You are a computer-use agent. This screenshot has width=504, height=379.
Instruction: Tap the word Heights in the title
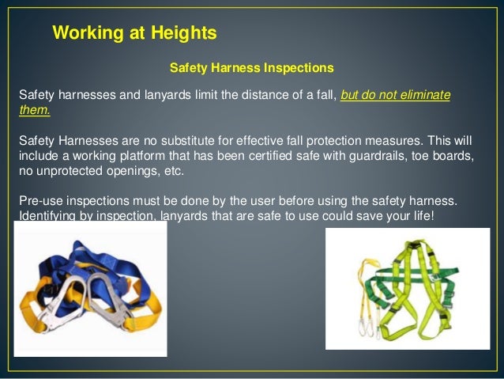[x=185, y=33]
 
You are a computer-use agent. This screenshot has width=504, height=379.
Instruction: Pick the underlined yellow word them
[x=34, y=111]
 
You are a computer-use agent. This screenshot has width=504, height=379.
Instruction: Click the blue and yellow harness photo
[x=91, y=297]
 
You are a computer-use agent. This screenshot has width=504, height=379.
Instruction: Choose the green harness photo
[x=407, y=289]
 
